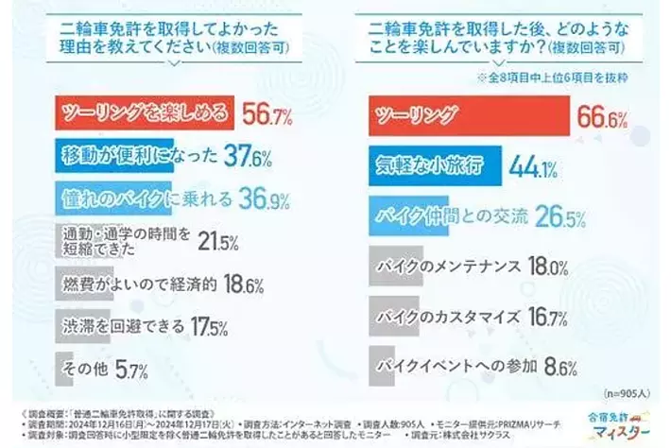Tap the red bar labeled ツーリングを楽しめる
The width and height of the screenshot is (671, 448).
click(143, 114)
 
